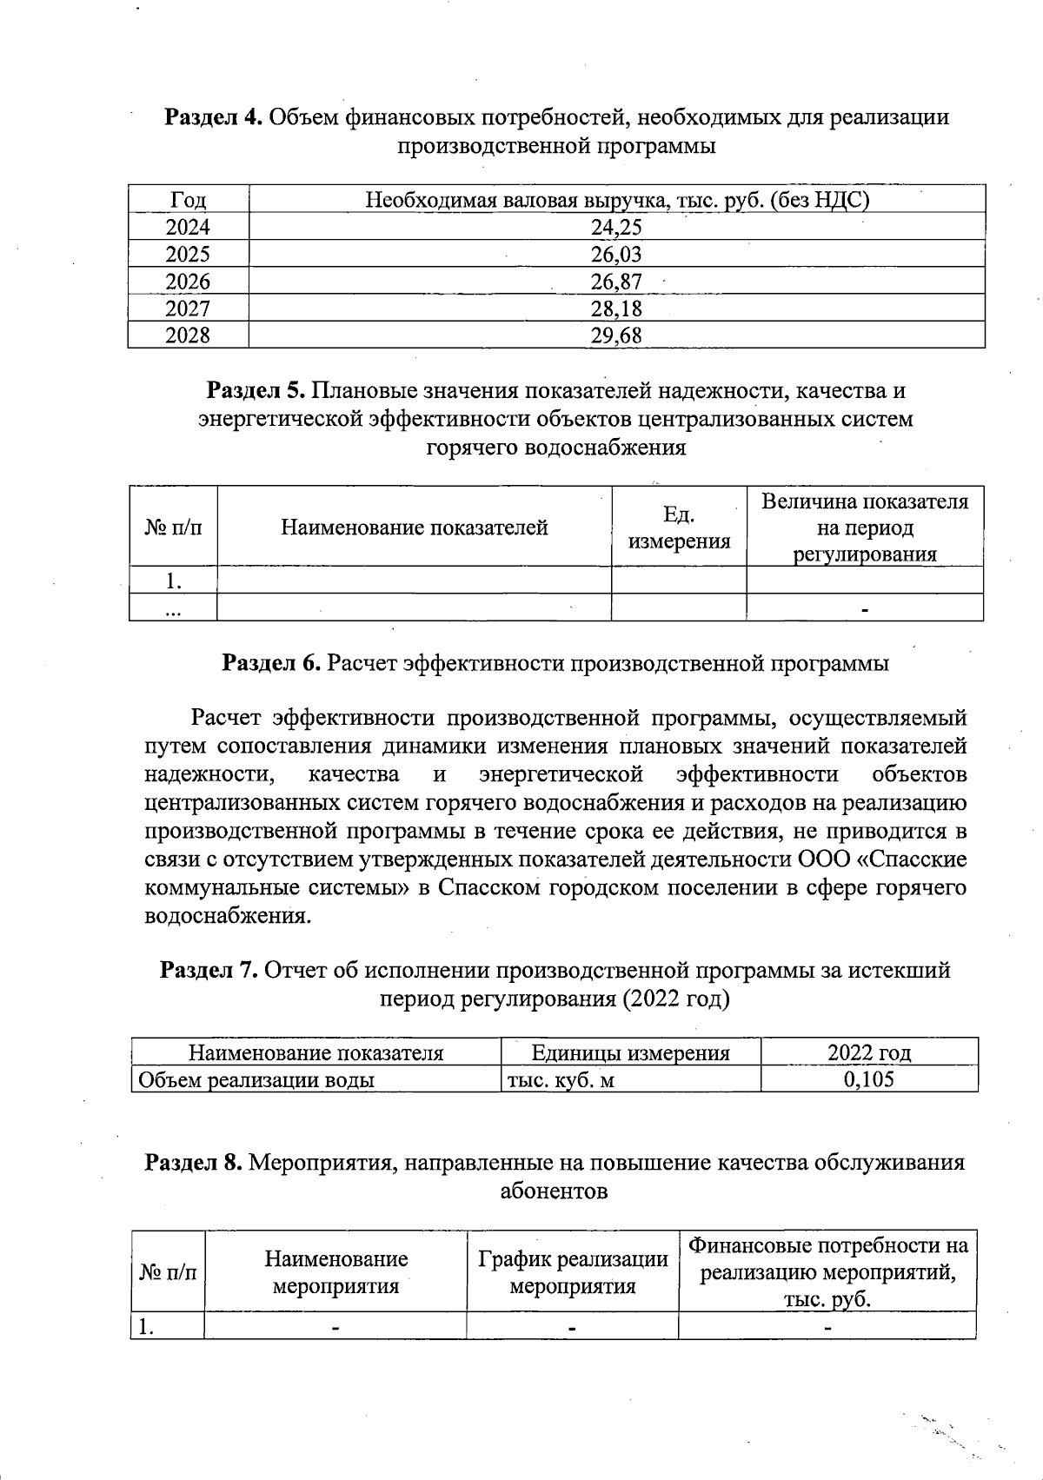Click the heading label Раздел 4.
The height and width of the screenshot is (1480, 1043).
point(213,117)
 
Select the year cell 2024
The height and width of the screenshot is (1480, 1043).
point(188,228)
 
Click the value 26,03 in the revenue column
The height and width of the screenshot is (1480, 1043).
point(616,255)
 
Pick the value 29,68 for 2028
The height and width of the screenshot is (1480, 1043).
point(616,335)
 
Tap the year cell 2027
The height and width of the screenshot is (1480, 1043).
point(188,309)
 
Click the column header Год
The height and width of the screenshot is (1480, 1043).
point(188,201)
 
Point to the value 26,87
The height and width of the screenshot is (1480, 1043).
point(616,282)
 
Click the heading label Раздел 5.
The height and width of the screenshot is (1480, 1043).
point(255,391)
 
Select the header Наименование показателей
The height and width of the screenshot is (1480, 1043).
point(414,527)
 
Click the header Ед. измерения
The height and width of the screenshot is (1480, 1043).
point(679,528)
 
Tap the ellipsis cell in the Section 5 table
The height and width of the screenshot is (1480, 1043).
point(173,607)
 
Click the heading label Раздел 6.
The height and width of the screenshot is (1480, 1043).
point(272,664)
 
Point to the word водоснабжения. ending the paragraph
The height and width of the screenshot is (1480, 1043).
point(227,916)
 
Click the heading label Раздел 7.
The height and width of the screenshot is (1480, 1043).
point(208,970)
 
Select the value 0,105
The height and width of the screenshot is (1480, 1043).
point(868,1079)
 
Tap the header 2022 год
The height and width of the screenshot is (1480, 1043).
point(868,1053)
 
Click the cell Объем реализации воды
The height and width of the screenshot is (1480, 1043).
point(254,1080)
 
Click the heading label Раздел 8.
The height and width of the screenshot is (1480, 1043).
point(193,1163)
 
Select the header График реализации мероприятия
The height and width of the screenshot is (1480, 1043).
point(572,1272)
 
